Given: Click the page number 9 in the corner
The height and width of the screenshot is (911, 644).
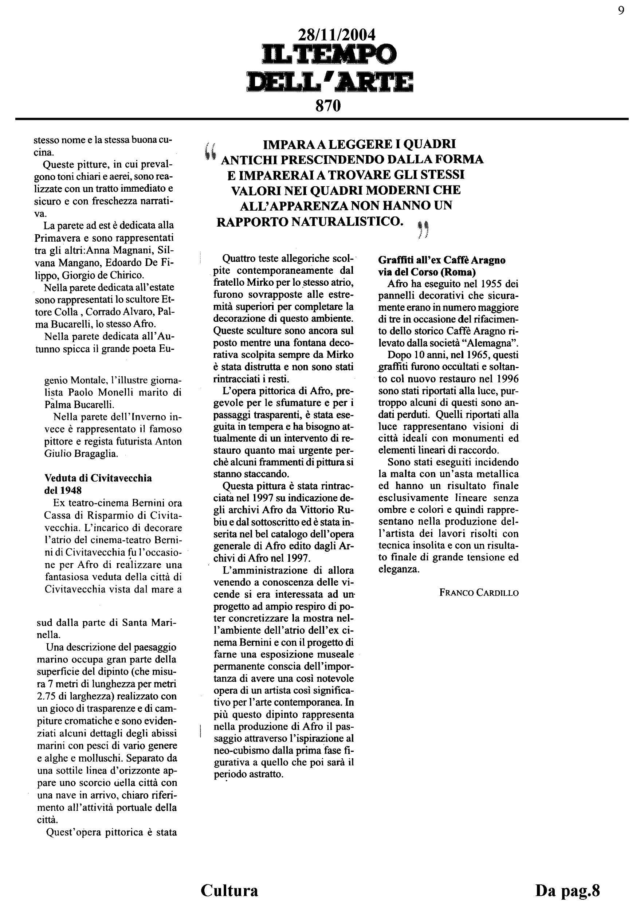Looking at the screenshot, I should (x=621, y=11).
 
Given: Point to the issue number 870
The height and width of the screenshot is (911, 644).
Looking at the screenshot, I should (x=328, y=106).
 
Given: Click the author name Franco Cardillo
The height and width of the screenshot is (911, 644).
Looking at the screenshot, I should (x=479, y=593).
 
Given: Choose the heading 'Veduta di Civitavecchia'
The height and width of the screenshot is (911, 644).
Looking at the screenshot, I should (x=98, y=478).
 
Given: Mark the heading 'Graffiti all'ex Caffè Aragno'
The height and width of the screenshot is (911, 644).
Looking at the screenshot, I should (x=441, y=260).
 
